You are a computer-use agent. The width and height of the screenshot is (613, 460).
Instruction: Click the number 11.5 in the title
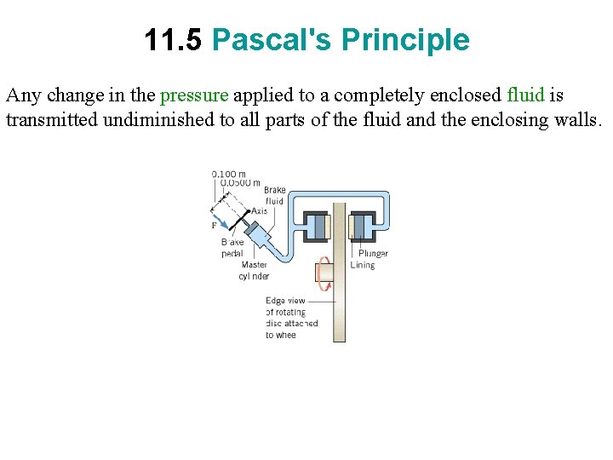click(173, 40)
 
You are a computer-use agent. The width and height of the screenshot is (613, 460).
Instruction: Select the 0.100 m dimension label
click(229, 174)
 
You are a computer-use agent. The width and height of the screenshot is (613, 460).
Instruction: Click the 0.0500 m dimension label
click(240, 182)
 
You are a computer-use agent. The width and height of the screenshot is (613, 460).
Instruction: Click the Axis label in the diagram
click(260, 210)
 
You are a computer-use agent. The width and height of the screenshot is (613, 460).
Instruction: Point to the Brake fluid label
click(274, 196)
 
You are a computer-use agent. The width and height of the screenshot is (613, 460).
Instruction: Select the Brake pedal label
click(232, 248)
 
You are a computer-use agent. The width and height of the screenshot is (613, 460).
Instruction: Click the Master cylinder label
click(254, 270)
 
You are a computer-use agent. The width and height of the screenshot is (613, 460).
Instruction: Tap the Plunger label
click(373, 253)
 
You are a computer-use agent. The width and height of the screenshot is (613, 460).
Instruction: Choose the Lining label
click(362, 265)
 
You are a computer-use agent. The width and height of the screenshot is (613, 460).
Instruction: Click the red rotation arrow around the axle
click(323, 273)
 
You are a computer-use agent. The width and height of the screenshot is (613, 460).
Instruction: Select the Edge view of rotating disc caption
click(291, 318)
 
